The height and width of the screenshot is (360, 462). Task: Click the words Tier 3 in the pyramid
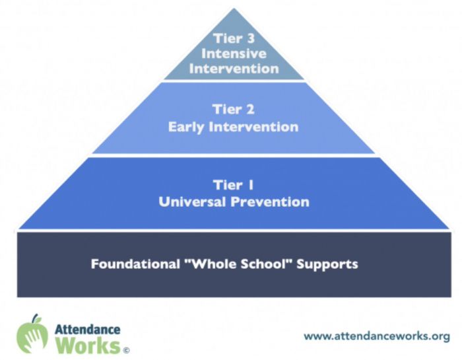(234, 38)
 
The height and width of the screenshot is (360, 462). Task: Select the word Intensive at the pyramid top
(234, 54)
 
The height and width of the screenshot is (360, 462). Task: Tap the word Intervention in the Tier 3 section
(234, 69)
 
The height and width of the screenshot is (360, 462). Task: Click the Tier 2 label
(234, 110)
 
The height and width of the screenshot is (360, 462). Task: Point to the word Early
(186, 127)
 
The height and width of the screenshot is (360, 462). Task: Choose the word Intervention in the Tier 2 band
(253, 127)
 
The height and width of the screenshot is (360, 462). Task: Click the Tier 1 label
(234, 185)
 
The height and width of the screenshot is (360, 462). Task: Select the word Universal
(193, 202)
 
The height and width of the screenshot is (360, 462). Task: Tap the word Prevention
(270, 202)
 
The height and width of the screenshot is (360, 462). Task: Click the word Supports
(327, 264)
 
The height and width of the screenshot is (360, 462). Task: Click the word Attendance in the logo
(88, 330)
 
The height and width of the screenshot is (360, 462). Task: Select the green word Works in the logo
(88, 345)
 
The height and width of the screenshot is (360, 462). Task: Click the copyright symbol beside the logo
(126, 350)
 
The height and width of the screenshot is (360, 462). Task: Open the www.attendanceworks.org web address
(377, 336)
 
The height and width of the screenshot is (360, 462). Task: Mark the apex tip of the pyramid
(234, 8)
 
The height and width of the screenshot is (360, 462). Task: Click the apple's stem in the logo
(36, 318)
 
